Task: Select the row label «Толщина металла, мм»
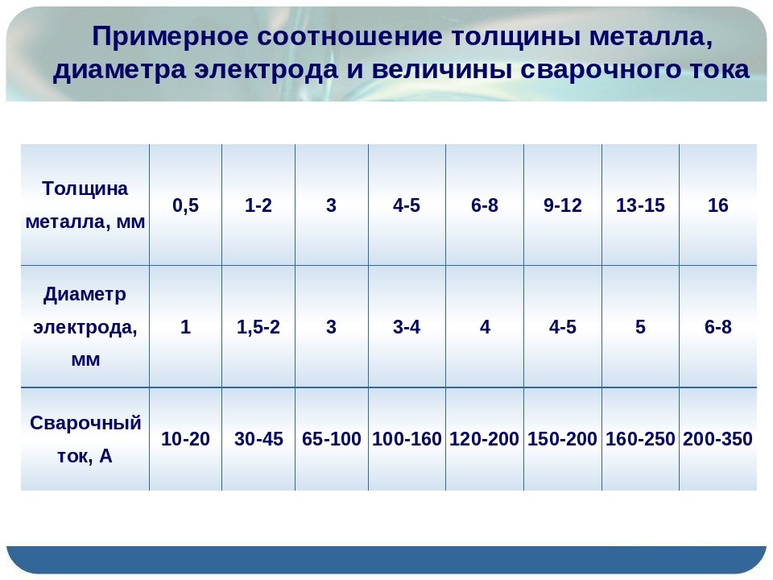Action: tap(85, 205)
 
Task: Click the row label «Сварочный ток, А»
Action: tap(85, 440)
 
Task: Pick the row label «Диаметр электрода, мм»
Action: tap(85, 326)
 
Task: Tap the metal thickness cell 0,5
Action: tap(185, 205)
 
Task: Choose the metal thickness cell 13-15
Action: tap(640, 205)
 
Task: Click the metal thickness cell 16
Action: tap(717, 205)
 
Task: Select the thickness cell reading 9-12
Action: tap(563, 205)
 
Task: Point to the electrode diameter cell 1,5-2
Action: tap(258, 327)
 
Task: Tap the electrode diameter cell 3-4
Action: tap(407, 327)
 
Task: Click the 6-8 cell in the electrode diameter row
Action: tap(717, 327)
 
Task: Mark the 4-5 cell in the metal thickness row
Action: tap(407, 205)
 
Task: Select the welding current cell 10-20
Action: tap(185, 439)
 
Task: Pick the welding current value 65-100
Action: tap(331, 439)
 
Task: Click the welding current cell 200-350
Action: tap(717, 439)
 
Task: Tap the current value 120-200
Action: tap(484, 439)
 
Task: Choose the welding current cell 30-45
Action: tap(258, 439)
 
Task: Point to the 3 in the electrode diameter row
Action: tap(331, 327)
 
